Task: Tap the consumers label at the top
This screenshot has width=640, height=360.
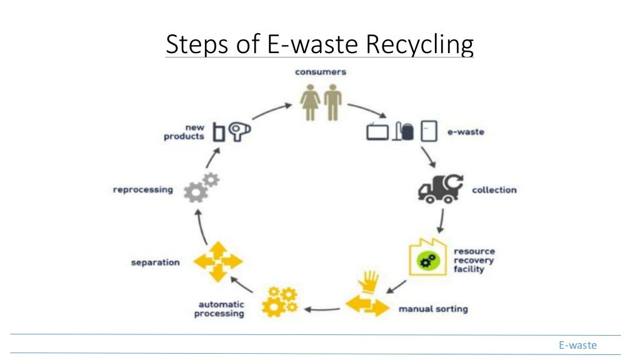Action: click(x=320, y=72)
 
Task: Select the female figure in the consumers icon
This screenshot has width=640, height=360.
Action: click(x=310, y=102)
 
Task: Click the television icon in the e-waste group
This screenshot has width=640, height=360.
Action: click(x=377, y=131)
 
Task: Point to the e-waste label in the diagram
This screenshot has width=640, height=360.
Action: click(x=465, y=132)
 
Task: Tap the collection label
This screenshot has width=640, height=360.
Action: click(x=494, y=189)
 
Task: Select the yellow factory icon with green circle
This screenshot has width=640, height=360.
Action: click(x=427, y=257)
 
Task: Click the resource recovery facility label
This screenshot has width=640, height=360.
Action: click(x=474, y=260)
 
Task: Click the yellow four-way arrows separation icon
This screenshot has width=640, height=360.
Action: click(x=217, y=261)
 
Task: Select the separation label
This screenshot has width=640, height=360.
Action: click(x=155, y=262)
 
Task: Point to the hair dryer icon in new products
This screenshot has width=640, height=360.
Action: click(x=239, y=131)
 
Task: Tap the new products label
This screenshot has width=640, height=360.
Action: click(x=184, y=132)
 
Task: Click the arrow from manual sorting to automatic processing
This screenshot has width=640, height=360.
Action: click(x=322, y=308)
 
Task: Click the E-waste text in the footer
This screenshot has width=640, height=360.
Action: click(x=577, y=345)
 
